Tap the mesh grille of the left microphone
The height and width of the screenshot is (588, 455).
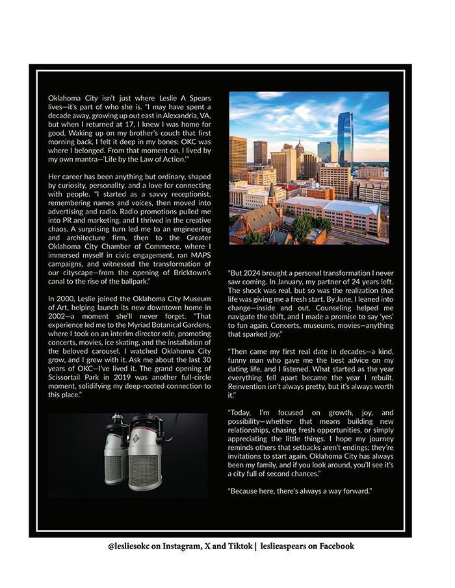tap(114, 467)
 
